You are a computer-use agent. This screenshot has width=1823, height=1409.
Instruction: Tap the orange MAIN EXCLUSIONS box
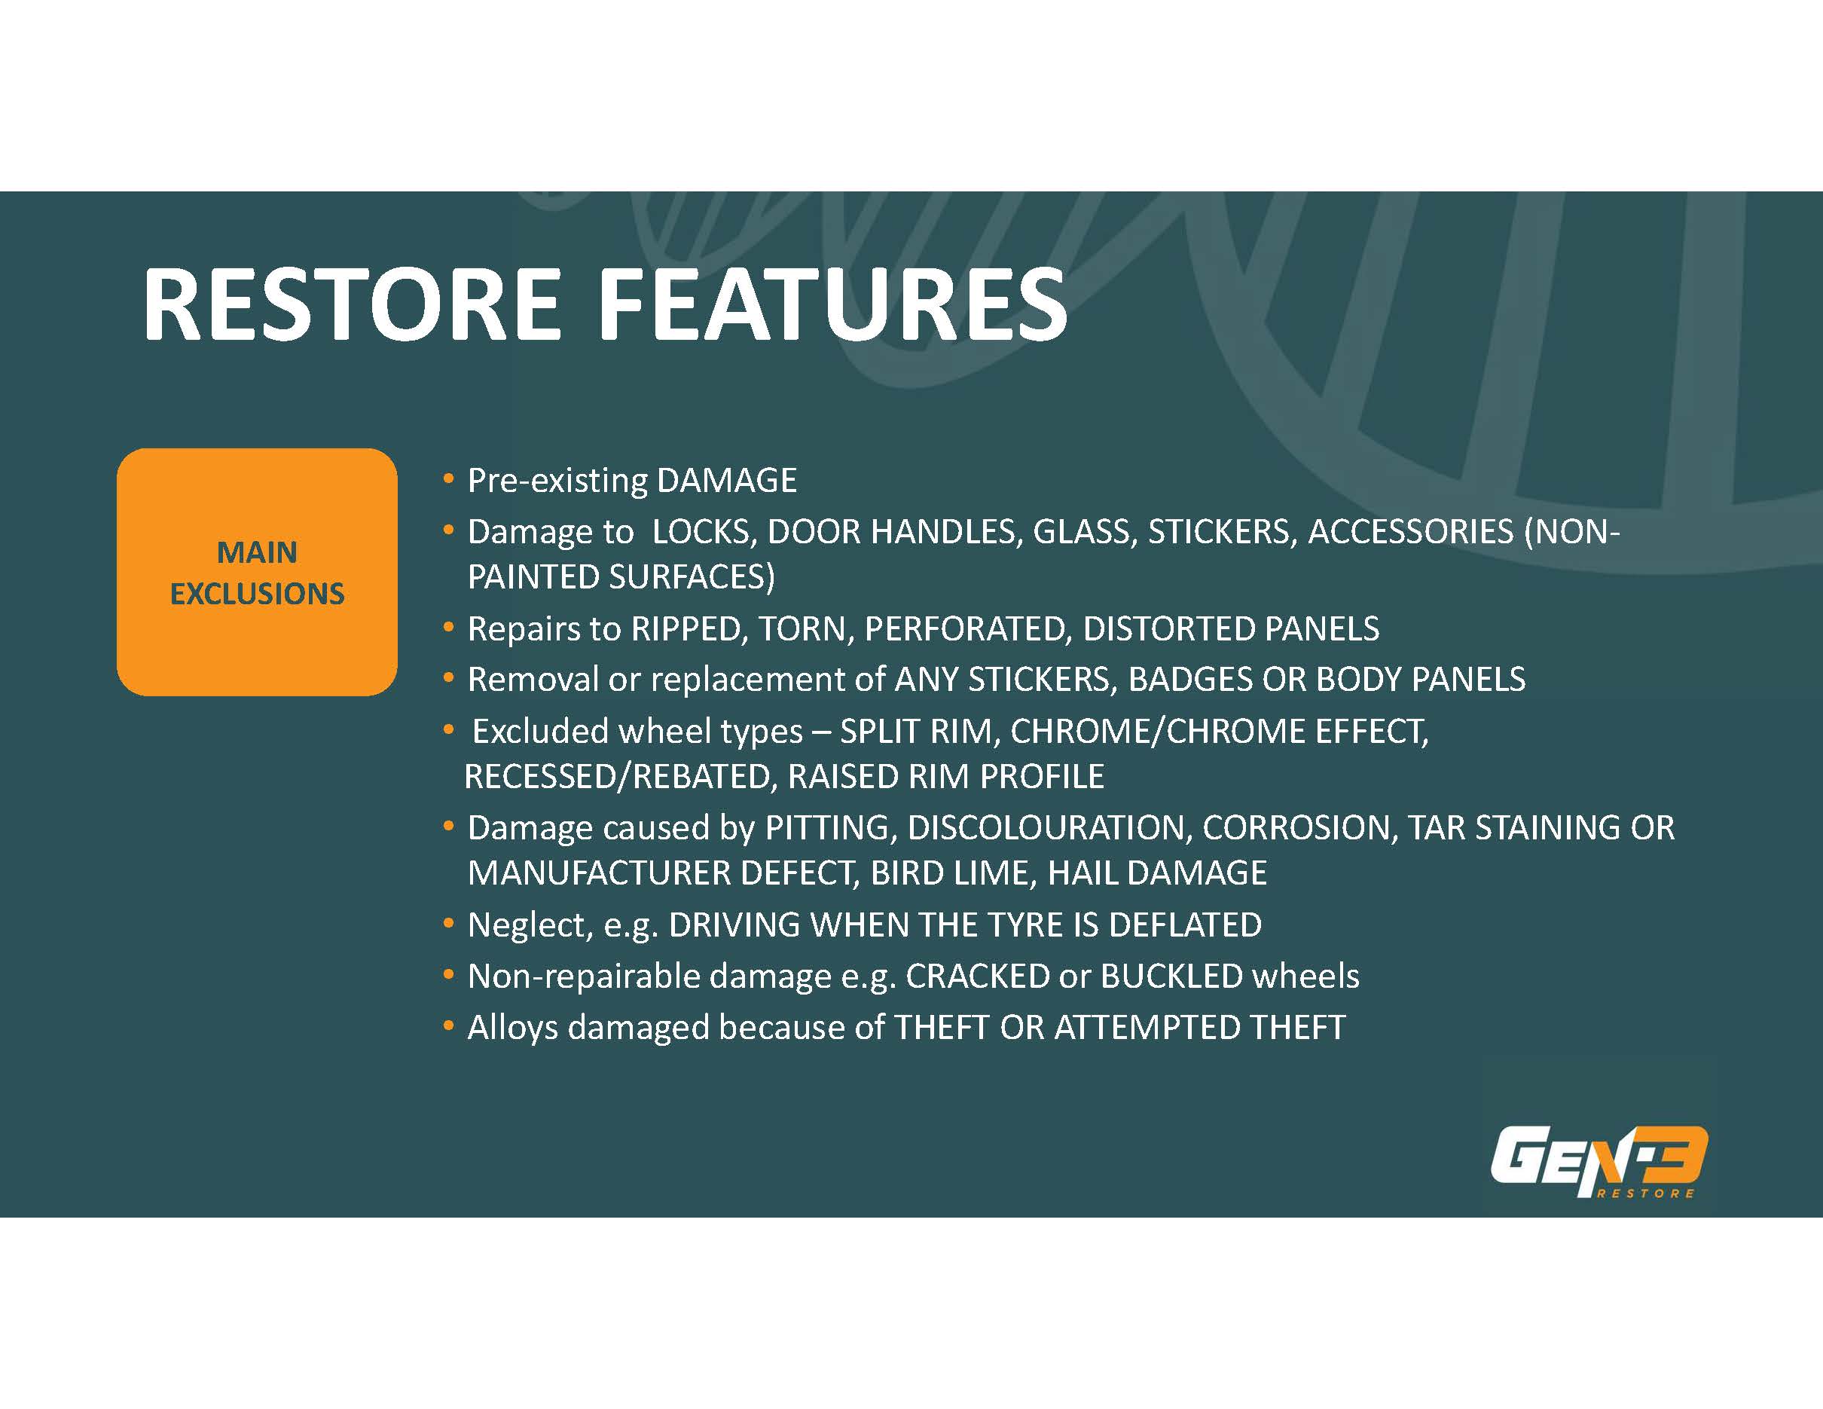click(x=257, y=573)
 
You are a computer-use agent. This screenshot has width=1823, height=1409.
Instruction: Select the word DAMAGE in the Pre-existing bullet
click(x=727, y=481)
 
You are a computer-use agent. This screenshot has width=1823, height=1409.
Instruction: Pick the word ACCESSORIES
click(x=1411, y=533)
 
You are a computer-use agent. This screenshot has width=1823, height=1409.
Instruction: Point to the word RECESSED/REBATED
click(x=618, y=777)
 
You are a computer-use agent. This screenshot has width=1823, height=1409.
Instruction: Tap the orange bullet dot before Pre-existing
click(x=449, y=480)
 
